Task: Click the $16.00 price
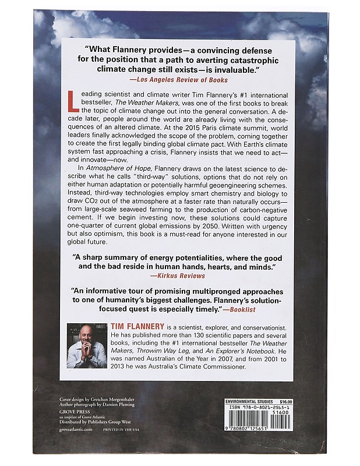(x=284, y=401)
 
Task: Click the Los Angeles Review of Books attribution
(x=180, y=79)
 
